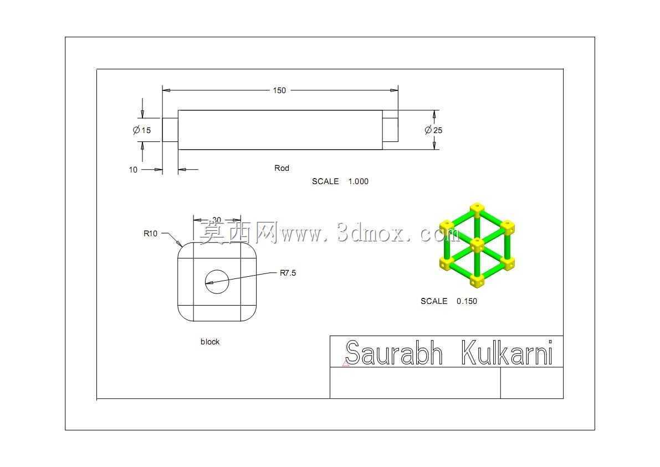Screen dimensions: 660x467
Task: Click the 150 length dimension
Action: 279,90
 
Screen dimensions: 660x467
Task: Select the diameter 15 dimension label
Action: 142,130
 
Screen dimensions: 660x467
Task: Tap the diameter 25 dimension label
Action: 433,130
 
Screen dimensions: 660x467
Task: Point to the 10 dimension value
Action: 133,170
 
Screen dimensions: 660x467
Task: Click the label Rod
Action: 282,168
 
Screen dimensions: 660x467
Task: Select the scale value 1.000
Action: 358,181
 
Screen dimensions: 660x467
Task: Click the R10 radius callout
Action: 150,233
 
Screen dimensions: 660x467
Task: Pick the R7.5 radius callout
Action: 288,273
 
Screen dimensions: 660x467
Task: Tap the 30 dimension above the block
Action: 216,220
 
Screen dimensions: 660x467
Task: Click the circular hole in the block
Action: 217,282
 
